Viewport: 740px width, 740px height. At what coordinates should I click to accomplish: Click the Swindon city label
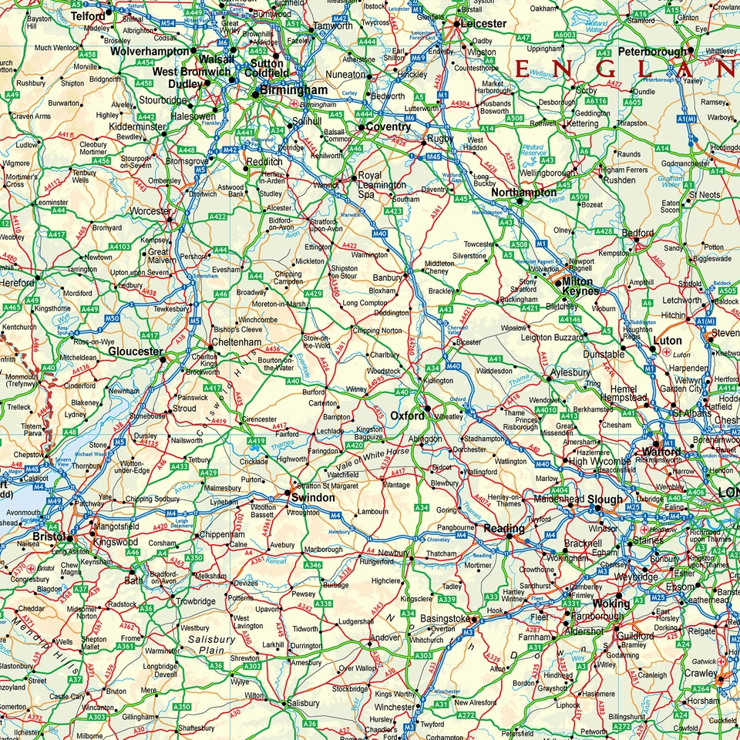click(x=312, y=498)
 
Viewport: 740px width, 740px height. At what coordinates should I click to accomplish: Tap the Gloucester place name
click(x=135, y=351)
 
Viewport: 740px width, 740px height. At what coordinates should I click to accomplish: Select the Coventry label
click(x=388, y=127)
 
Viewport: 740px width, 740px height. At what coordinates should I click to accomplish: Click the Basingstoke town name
click(x=444, y=619)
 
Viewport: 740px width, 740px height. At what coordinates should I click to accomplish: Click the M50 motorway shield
click(x=112, y=318)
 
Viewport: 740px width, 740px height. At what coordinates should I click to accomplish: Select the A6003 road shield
click(x=565, y=35)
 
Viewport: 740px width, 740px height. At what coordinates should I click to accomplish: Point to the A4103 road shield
click(x=119, y=247)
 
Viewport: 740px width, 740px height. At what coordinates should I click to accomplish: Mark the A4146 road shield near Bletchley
click(x=570, y=319)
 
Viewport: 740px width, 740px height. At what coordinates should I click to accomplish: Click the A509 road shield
click(x=579, y=198)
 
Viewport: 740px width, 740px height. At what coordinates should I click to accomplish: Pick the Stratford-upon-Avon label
click(x=325, y=225)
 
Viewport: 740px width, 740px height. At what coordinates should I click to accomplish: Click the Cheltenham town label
click(x=237, y=342)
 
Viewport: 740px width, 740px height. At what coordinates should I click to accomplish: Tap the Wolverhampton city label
click(x=150, y=51)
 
